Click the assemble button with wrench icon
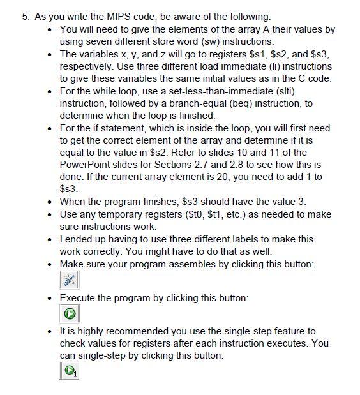point(69,279)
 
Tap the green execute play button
point(69,313)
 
